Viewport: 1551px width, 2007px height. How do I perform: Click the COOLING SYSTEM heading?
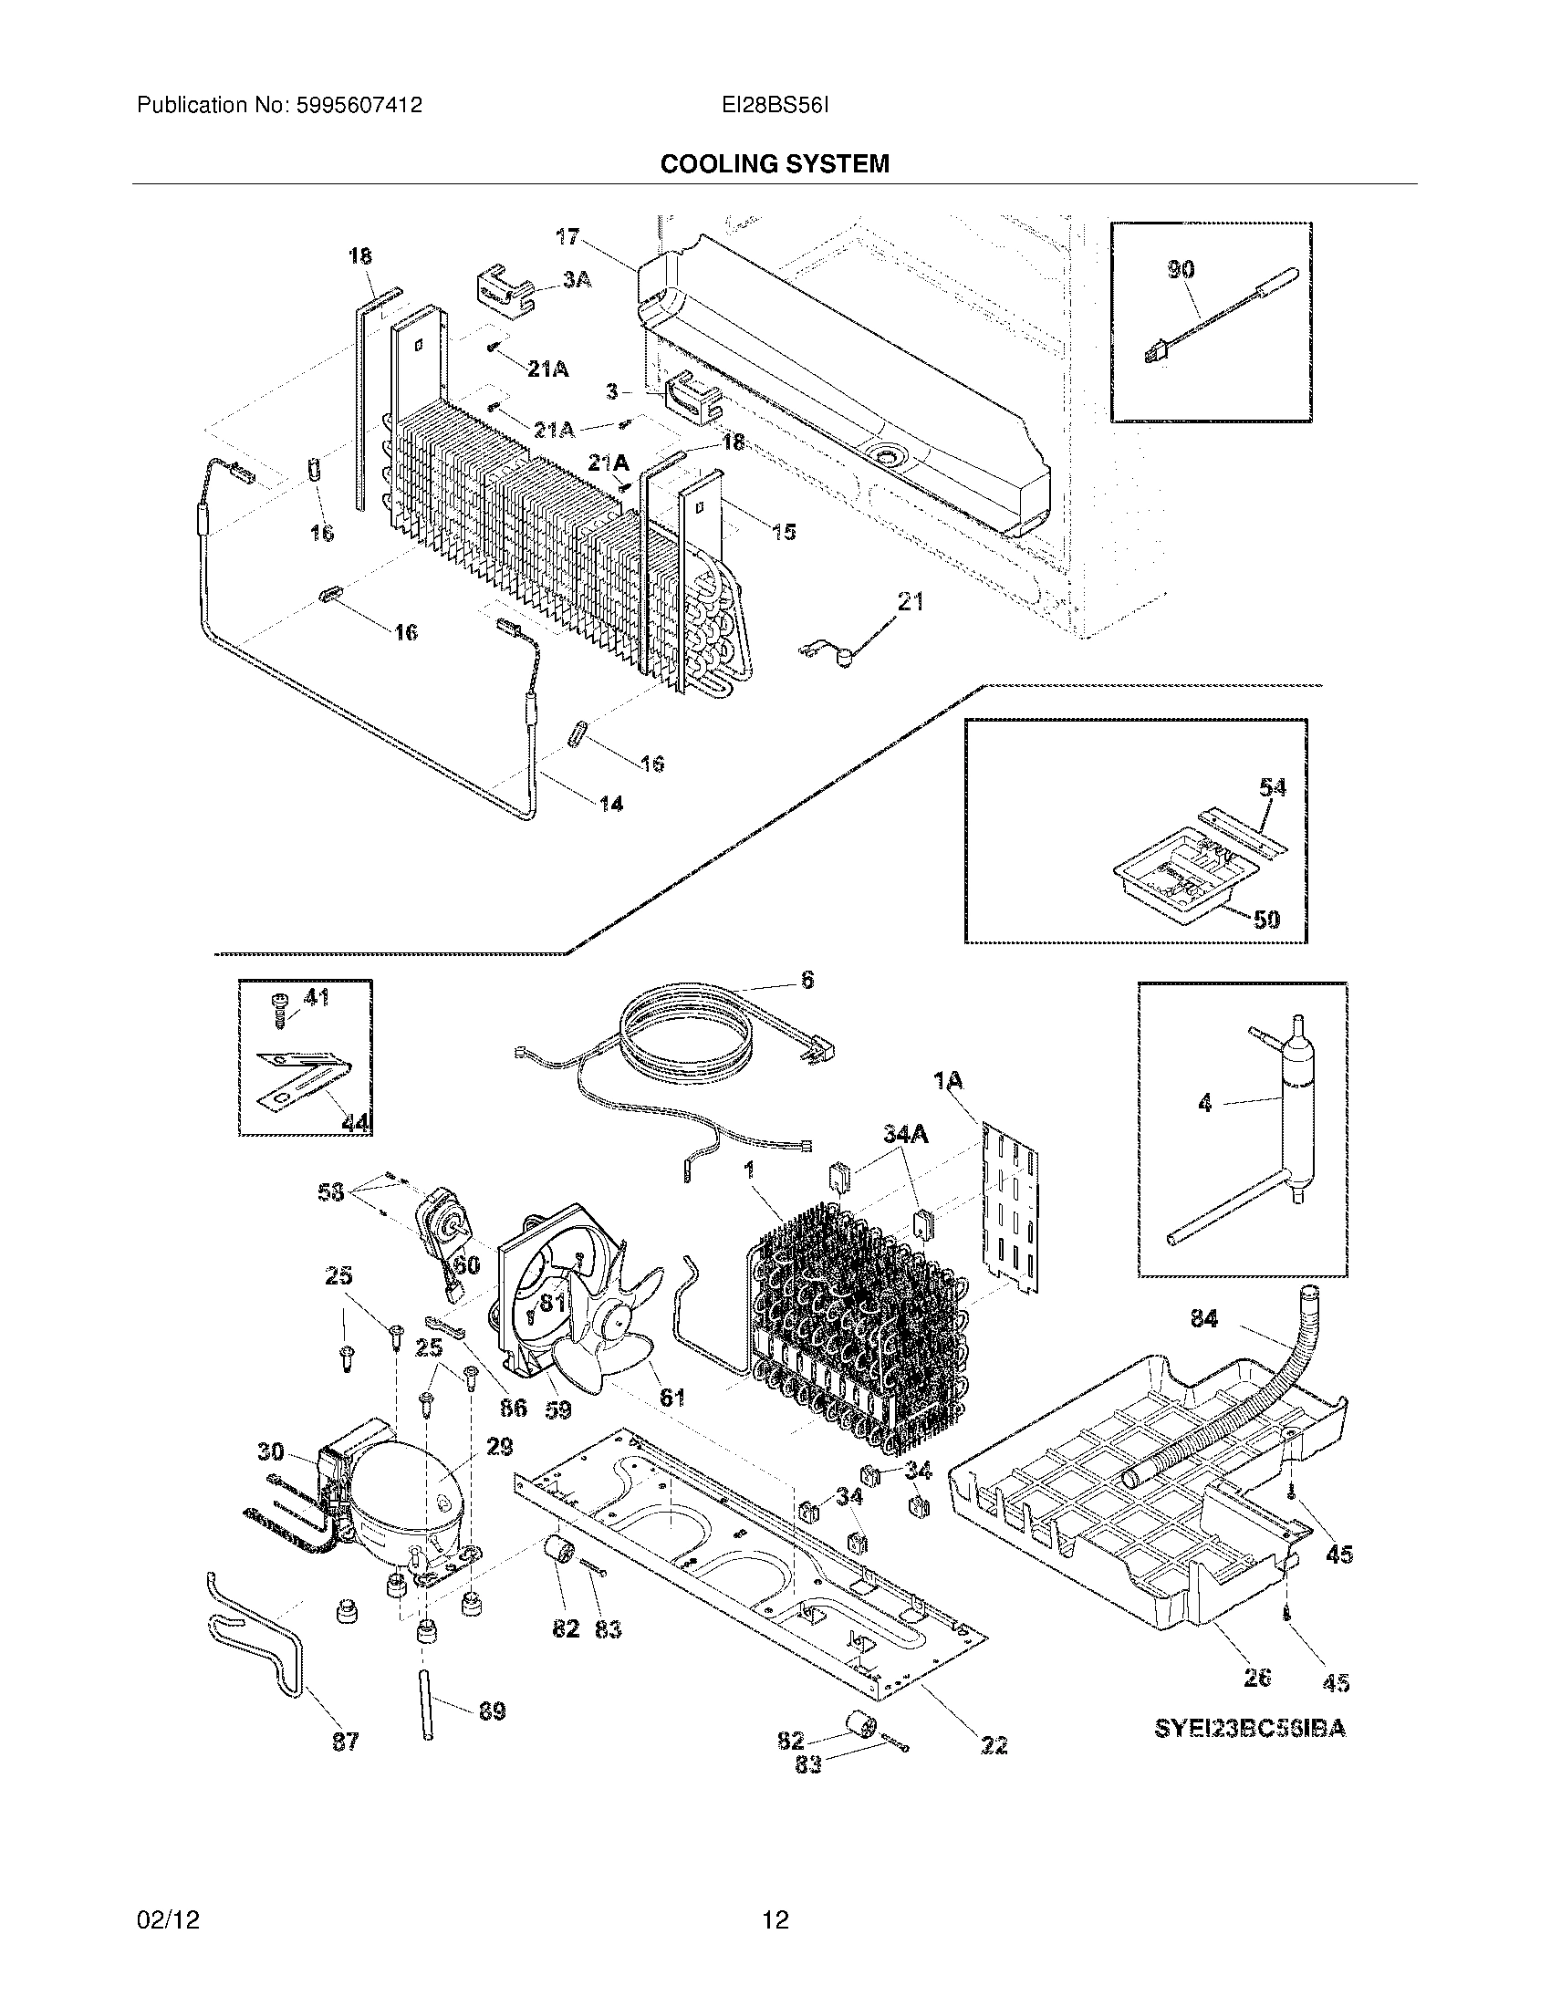[x=775, y=163]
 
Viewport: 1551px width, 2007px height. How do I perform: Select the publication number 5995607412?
[x=359, y=106]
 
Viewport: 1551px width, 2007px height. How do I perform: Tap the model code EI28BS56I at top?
[x=775, y=106]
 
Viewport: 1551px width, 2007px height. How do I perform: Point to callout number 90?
[x=1181, y=269]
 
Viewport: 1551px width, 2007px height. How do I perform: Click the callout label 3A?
[x=576, y=279]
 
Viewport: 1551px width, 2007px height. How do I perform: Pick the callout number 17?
[x=567, y=237]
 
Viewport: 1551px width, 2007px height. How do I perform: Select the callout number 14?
[x=611, y=804]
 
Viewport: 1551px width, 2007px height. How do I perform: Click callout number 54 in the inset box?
[x=1272, y=787]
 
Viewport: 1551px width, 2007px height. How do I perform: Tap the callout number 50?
[x=1266, y=919]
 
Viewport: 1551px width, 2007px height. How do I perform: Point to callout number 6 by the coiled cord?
[x=807, y=980]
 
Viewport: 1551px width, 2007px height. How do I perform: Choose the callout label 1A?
[x=948, y=1082]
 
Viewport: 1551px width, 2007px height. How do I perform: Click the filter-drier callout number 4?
[x=1205, y=1103]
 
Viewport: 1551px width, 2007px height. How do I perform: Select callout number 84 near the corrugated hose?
[x=1203, y=1319]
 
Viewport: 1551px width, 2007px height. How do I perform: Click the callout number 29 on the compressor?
[x=499, y=1448]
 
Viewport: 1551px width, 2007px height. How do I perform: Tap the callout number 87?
[x=345, y=1741]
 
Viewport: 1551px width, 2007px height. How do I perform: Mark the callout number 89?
[x=493, y=1711]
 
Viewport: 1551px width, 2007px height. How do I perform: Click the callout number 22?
[x=994, y=1744]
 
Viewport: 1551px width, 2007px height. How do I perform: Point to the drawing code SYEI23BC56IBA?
[x=1250, y=1728]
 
